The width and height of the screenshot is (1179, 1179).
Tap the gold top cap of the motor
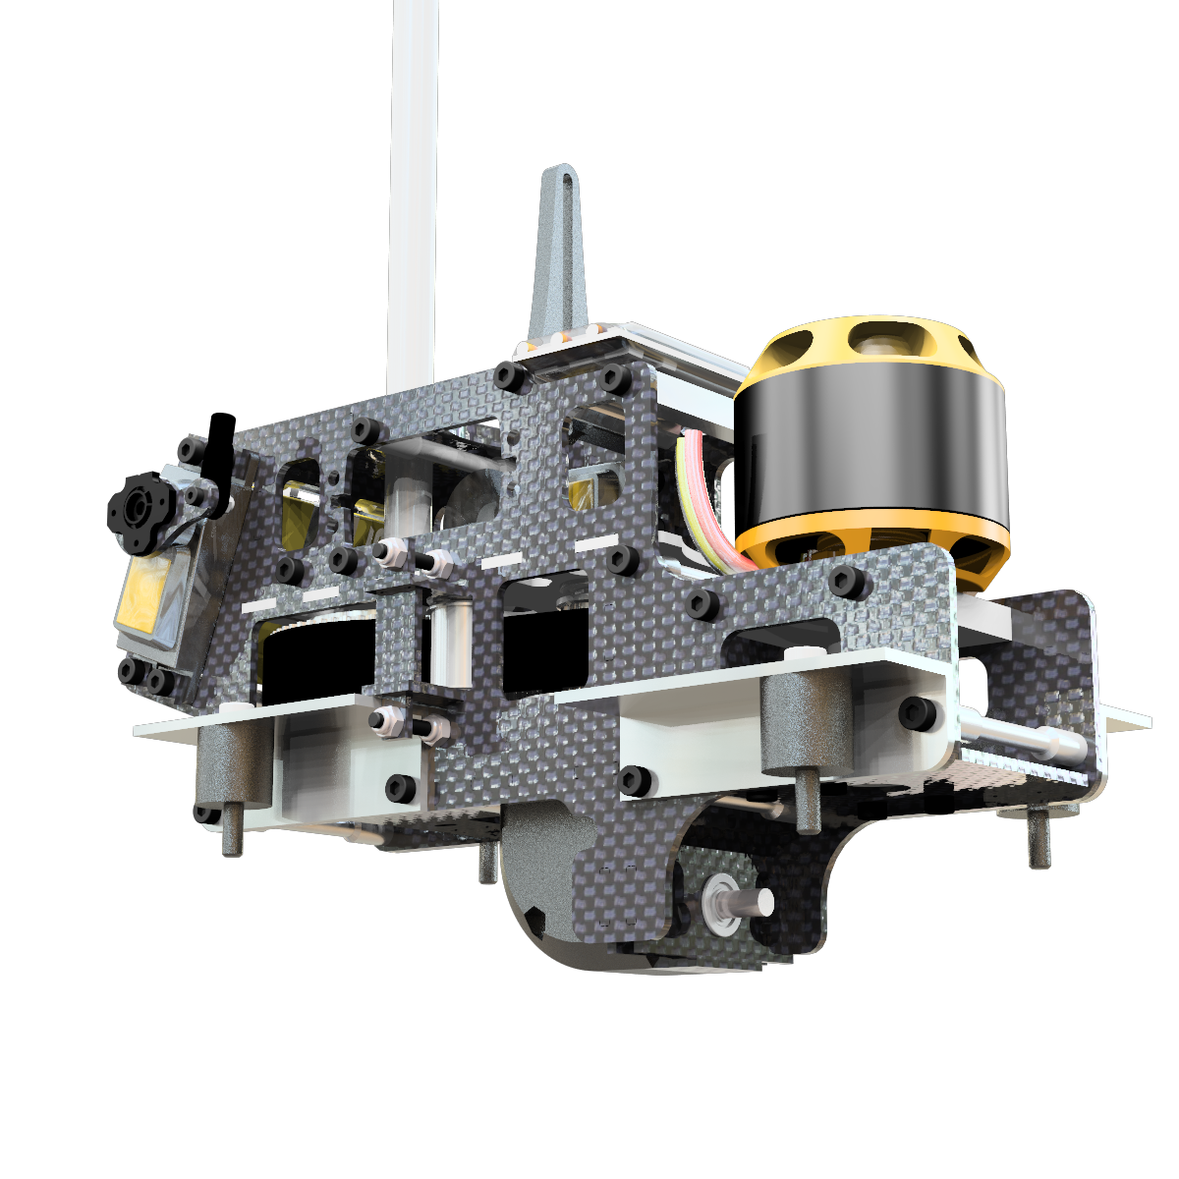pos(870,349)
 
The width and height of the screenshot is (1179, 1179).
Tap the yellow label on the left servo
pos(142,594)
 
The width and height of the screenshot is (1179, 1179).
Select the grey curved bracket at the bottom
pos(535,884)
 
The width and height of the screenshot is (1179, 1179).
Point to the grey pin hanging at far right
pos(1039,841)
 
